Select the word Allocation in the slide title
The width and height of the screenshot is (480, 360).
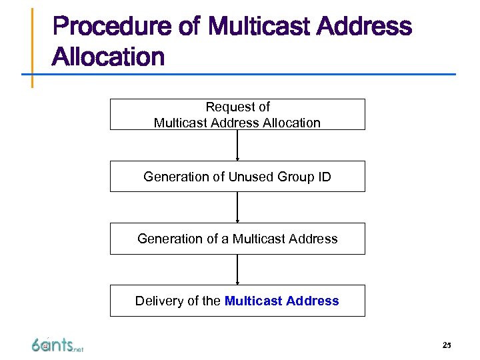[x=108, y=57]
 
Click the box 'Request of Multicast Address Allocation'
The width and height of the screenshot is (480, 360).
[x=237, y=114]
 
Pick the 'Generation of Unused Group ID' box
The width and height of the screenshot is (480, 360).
[x=237, y=176]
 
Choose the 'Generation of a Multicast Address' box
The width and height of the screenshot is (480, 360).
[x=237, y=239]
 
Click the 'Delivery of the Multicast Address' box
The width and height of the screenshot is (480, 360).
[x=237, y=301]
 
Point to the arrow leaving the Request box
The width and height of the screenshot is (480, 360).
[x=237, y=145]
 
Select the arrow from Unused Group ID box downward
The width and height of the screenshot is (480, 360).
[x=237, y=207]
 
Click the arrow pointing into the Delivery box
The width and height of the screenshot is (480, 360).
[x=237, y=269]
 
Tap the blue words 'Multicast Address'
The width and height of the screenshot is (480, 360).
[x=281, y=301]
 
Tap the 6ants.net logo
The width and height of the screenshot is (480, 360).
[x=57, y=345]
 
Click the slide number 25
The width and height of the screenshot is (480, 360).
[x=446, y=345]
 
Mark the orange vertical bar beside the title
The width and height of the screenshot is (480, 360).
[x=32, y=47]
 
